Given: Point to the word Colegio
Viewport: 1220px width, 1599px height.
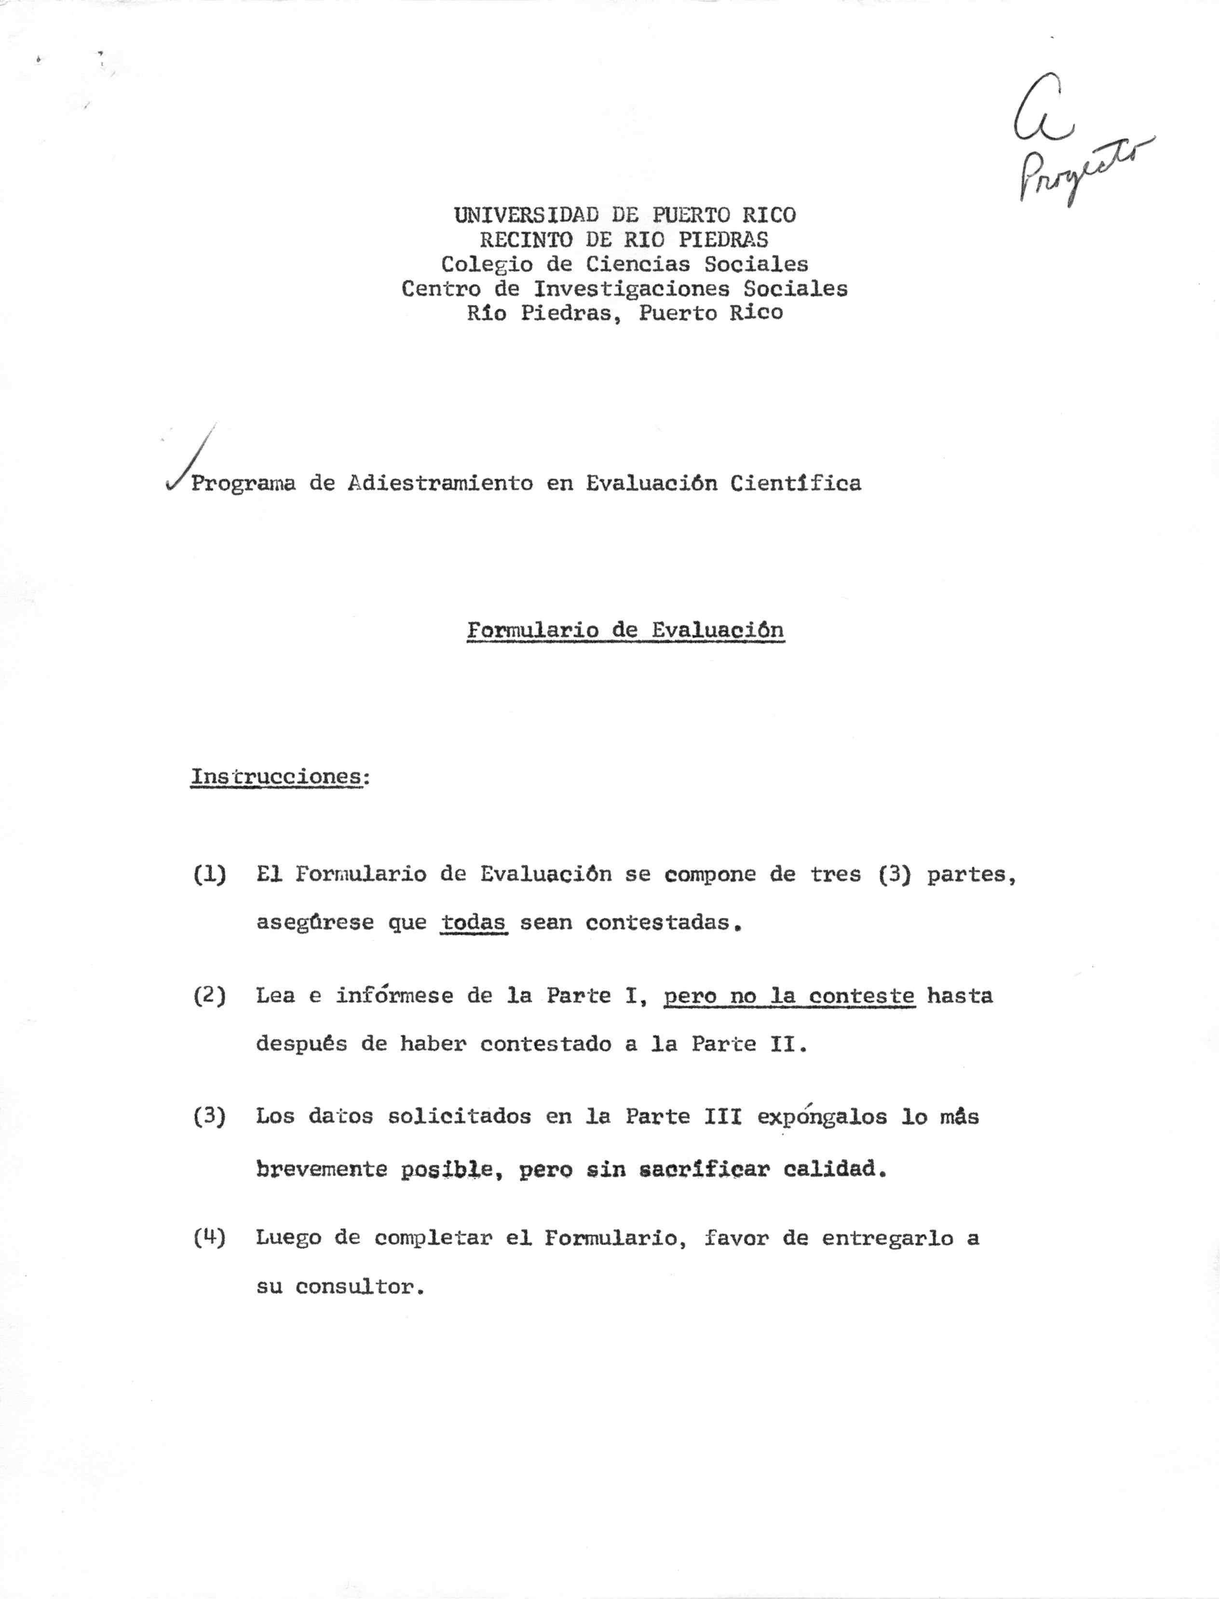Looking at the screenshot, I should [x=487, y=264].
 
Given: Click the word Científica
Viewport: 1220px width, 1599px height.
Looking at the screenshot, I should [x=795, y=484].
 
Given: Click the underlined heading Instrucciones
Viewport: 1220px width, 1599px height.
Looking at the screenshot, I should [x=276, y=777].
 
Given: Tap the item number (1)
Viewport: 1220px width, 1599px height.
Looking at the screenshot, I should [x=209, y=874].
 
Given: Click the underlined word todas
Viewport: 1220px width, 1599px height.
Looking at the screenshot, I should [x=474, y=923].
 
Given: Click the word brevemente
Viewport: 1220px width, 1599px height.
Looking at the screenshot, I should [x=321, y=1169].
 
